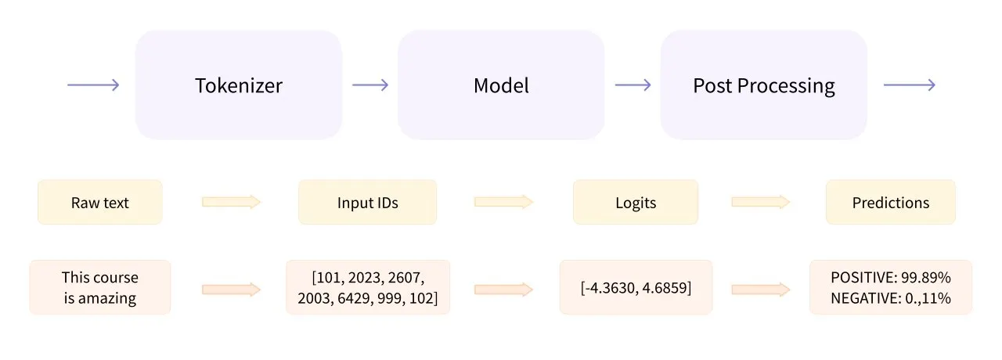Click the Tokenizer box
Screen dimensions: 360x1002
[239, 85]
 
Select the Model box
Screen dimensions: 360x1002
[501, 85]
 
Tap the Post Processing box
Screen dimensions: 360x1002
[763, 85]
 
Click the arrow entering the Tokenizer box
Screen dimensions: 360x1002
[93, 85]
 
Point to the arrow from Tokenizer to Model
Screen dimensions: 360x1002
[370, 85]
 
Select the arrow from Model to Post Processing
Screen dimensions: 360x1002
[633, 85]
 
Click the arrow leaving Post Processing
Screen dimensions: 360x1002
[909, 85]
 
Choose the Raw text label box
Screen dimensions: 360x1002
[100, 203]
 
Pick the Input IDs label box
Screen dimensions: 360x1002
[367, 203]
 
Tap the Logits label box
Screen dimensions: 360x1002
[636, 203]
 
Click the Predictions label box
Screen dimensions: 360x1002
[891, 203]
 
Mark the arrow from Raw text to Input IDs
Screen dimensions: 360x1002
[231, 203]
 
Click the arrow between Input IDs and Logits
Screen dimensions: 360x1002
[503, 203]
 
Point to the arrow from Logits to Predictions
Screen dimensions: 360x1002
[760, 203]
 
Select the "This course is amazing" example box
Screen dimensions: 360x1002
[100, 287]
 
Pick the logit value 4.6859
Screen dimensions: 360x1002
[666, 288]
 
